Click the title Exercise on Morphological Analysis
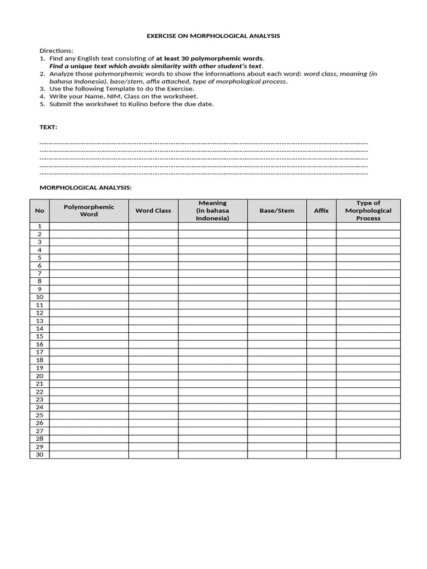pyautogui.click(x=213, y=36)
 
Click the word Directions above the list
pyautogui.click(x=56, y=51)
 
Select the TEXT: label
pyautogui.click(x=48, y=127)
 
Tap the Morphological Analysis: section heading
pyautogui.click(x=85, y=187)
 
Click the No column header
pyautogui.click(x=39, y=211)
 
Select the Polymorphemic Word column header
pyautogui.click(x=89, y=211)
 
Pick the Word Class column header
pyautogui.click(x=153, y=211)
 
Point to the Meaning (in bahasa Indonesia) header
pyautogui.click(x=212, y=211)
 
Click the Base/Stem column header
pyautogui.click(x=276, y=211)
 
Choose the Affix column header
pyautogui.click(x=321, y=211)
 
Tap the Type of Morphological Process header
pyautogui.click(x=368, y=211)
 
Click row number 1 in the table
pyautogui.click(x=39, y=226)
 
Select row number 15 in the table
pyautogui.click(x=39, y=336)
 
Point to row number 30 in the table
pyautogui.click(x=39, y=455)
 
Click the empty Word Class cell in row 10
pyautogui.click(x=153, y=297)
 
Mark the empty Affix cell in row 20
pyautogui.click(x=321, y=376)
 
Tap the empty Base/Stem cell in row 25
pyautogui.click(x=276, y=415)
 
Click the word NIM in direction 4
pyautogui.click(x=104, y=96)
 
